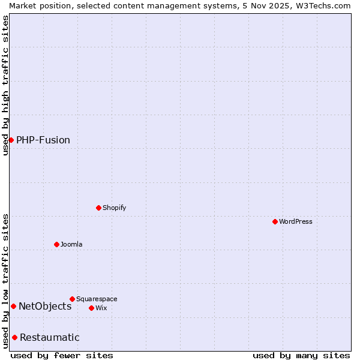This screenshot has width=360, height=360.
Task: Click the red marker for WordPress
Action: coord(275,221)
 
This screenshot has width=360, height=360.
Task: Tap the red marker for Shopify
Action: coord(98,208)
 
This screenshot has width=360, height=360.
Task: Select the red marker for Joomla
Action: coord(56,244)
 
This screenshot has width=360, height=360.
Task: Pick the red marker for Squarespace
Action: coord(72,299)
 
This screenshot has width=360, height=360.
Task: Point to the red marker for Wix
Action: coord(91,308)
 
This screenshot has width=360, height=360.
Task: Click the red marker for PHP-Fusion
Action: coord(11,140)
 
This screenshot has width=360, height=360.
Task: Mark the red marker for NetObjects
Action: coord(13,306)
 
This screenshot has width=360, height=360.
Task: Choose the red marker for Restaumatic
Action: coord(14,337)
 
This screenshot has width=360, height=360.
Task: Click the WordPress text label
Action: coord(296,221)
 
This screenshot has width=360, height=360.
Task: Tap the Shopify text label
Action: coord(115,208)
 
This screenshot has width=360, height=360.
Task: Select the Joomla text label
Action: coord(71,244)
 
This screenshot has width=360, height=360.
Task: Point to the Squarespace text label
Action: coord(97,299)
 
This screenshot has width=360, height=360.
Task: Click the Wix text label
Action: coord(101,308)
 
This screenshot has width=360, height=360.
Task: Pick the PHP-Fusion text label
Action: coord(43,140)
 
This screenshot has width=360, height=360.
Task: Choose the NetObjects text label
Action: coord(45,306)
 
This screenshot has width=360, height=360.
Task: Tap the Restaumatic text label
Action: coord(50,337)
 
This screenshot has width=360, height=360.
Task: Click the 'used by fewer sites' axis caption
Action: coord(62,355)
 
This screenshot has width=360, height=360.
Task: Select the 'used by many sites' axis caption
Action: coord(301,355)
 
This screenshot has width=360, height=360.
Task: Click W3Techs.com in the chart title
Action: coord(322,5)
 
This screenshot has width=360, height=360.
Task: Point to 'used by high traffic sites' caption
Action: coord(5,85)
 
